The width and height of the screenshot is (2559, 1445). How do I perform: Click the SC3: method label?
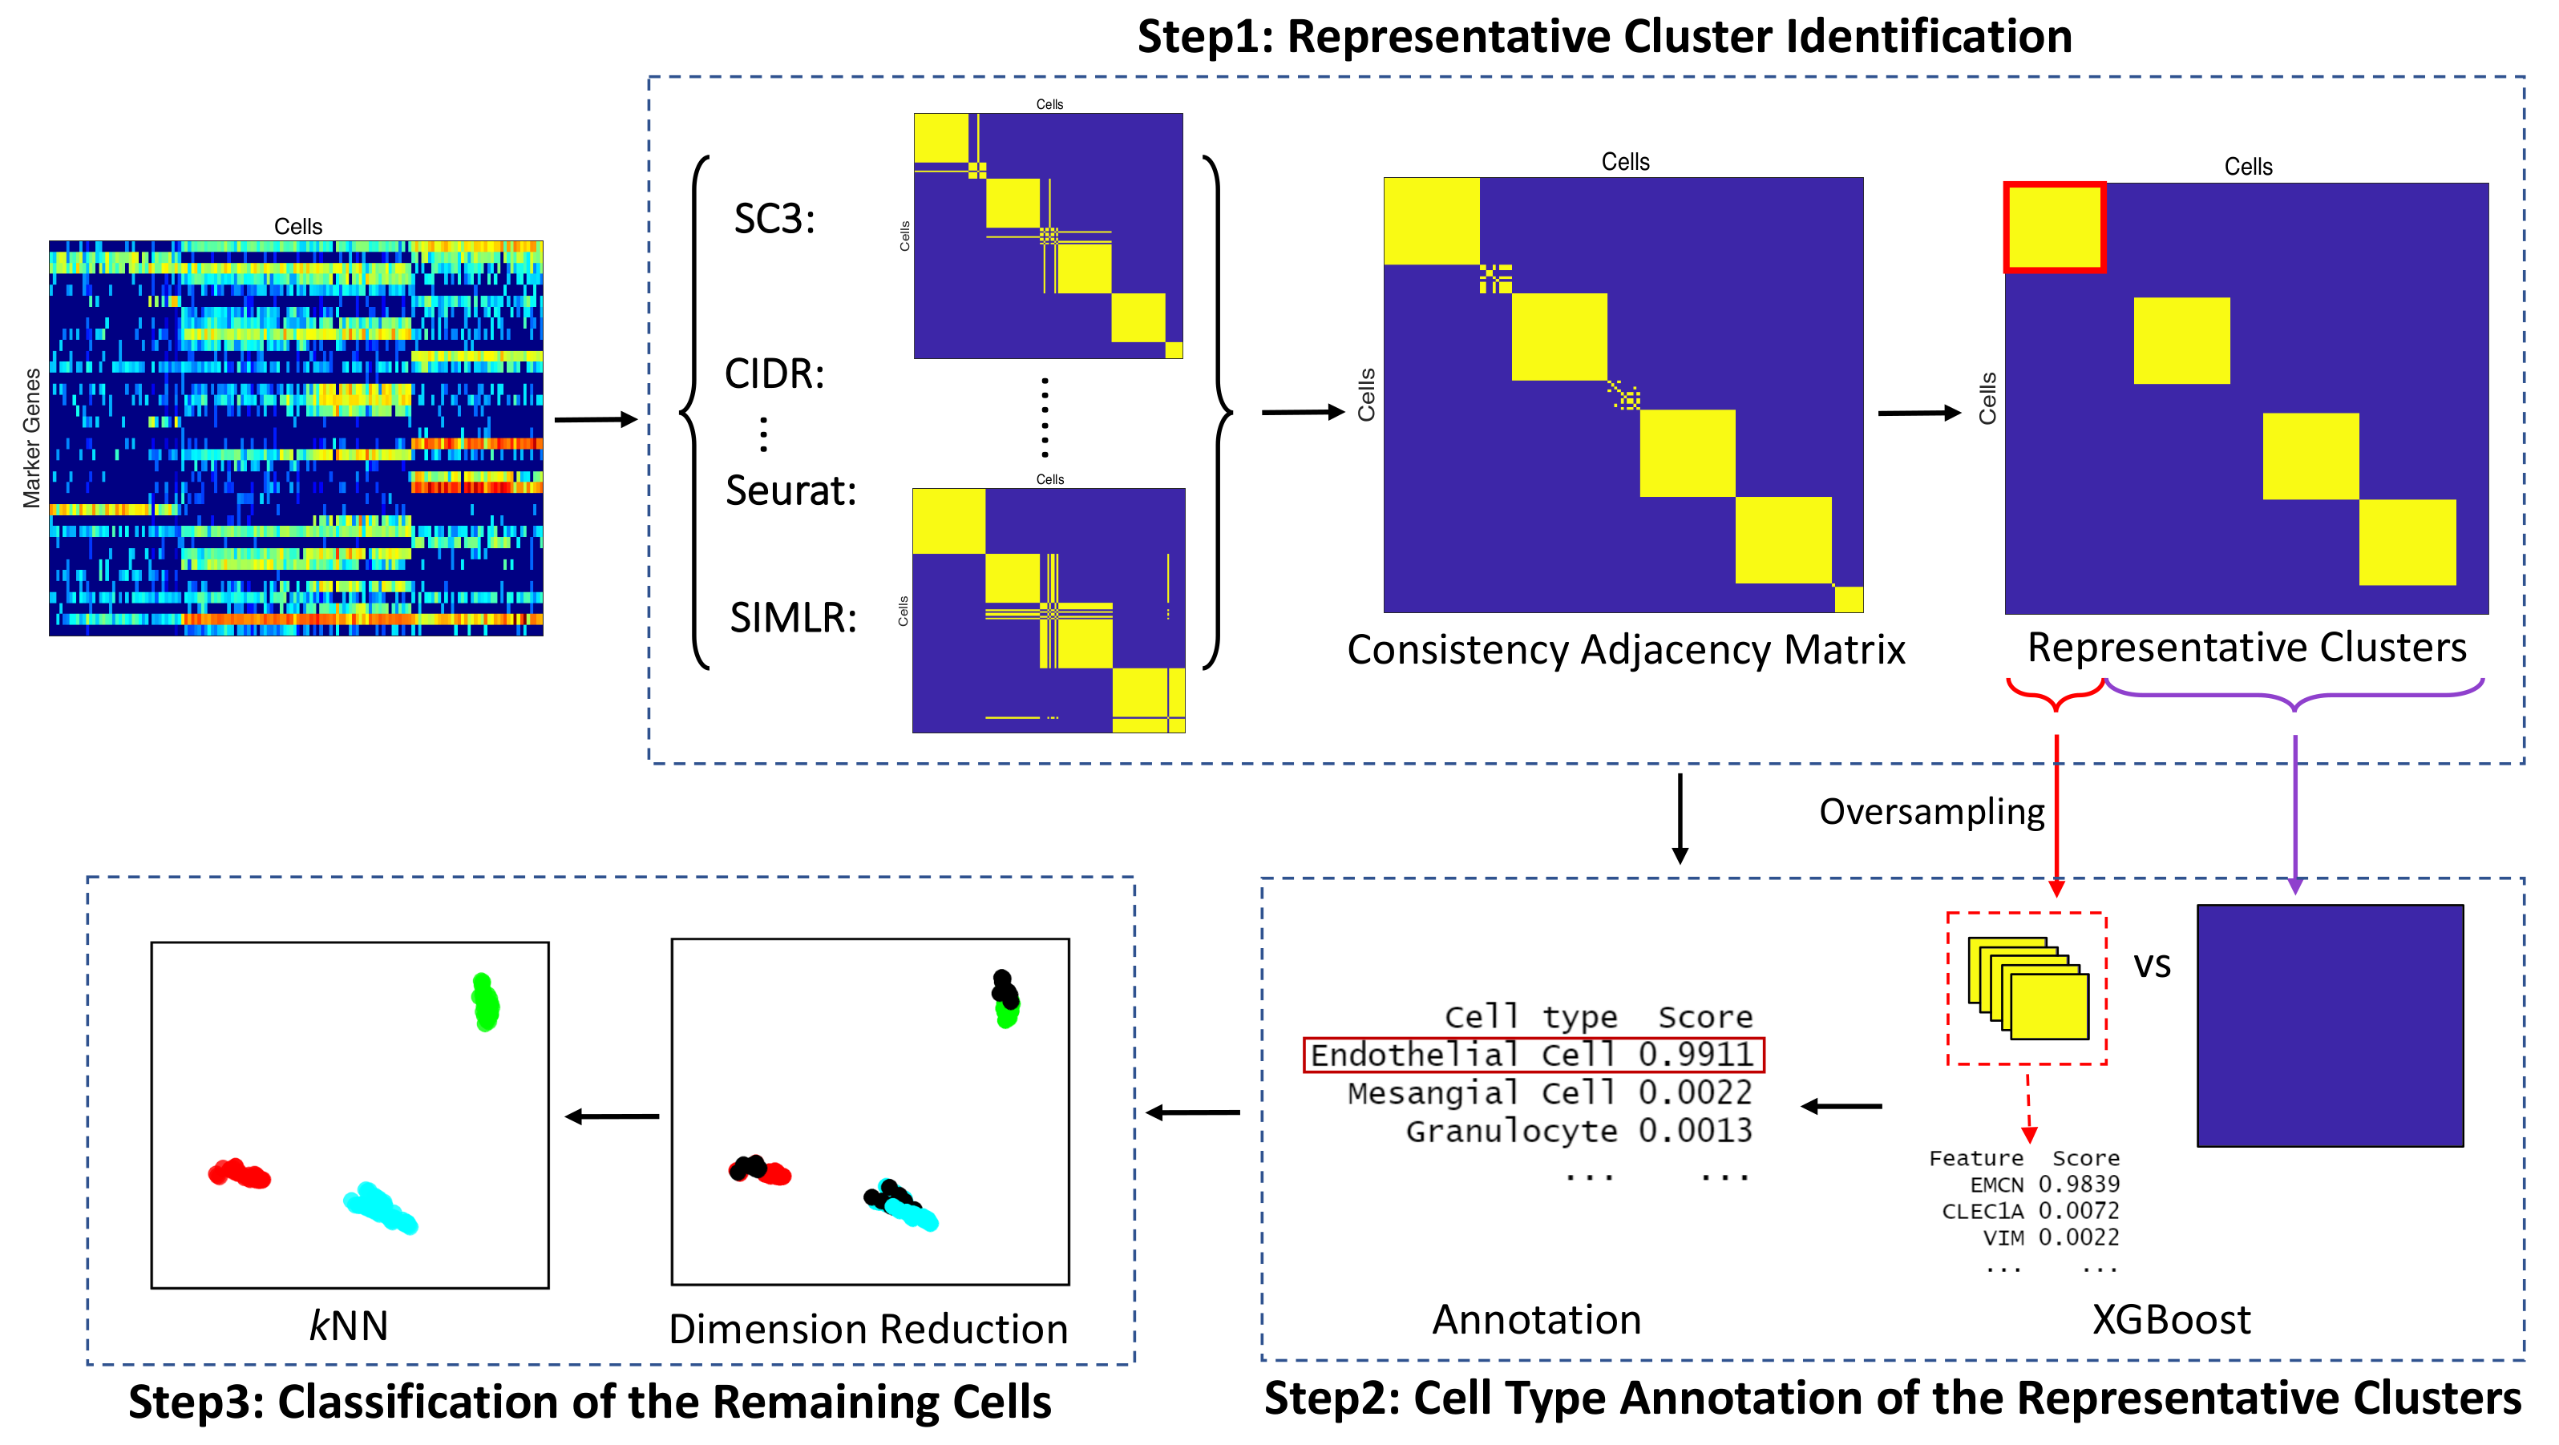pos(774,220)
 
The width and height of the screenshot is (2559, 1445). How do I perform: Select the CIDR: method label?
pos(774,374)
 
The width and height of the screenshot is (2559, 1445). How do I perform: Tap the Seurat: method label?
pos(790,490)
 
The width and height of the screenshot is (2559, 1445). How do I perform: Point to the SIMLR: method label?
pos(793,618)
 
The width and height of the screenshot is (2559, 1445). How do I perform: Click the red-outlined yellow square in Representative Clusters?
pos(2053,227)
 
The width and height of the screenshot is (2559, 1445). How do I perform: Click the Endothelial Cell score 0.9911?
pos(1695,1054)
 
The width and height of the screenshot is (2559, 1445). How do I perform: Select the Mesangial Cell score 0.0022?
pos(1695,1092)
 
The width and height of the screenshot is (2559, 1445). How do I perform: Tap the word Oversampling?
pos(1931,811)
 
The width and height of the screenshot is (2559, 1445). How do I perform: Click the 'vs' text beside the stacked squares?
pos(2152,965)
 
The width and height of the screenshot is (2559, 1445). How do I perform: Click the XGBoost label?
pos(2171,1320)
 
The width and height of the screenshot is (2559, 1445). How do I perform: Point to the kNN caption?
pos(348,1326)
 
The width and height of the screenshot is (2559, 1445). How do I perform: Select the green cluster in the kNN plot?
pos(485,1003)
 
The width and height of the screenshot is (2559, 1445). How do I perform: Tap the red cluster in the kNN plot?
pos(240,1174)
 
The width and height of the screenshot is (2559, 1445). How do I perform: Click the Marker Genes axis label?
pos(32,438)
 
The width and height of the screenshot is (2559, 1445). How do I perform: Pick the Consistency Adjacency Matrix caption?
pos(1625,649)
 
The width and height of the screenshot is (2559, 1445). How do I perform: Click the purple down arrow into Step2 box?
pos(2294,814)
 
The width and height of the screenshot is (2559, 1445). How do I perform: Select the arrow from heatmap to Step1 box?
pos(594,420)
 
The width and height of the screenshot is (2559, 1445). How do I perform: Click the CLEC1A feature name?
pos(1982,1211)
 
